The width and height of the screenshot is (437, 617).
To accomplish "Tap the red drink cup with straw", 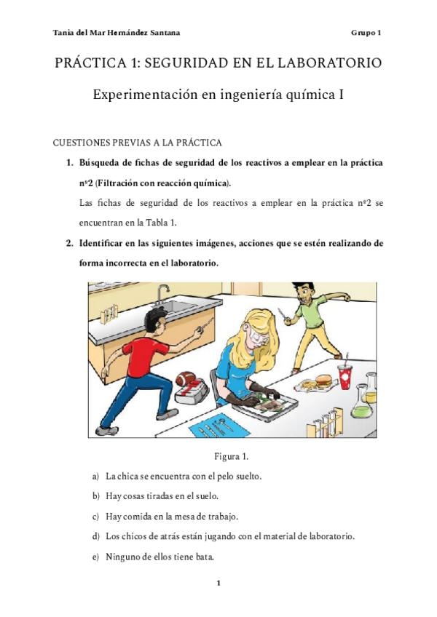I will tap(345, 377).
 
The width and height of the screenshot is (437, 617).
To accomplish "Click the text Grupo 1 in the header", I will tap(366, 33).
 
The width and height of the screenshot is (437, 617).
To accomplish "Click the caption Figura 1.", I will tap(231, 456).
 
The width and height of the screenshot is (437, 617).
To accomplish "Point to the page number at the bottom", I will tap(219, 583).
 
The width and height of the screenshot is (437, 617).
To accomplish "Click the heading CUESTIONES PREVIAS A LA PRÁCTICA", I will tap(138, 143).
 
